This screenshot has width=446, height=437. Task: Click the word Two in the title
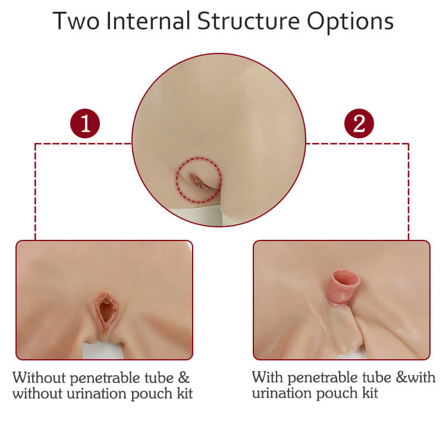(x=76, y=21)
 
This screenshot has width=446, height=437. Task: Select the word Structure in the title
(x=249, y=21)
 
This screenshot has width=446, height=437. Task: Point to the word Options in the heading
(x=350, y=23)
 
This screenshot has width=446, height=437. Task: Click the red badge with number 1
(x=85, y=123)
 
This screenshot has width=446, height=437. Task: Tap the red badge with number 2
(x=359, y=123)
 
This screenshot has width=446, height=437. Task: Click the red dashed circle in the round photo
(x=177, y=179)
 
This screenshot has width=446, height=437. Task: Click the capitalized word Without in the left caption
(x=39, y=378)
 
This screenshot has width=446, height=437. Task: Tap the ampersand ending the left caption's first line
(x=184, y=378)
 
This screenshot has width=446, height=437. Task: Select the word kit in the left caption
(x=185, y=394)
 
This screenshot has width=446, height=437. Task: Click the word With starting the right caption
(x=268, y=378)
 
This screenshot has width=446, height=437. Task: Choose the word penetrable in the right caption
(x=322, y=379)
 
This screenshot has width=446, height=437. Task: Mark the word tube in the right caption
(x=377, y=378)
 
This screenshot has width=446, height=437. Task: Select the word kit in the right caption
(x=370, y=393)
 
